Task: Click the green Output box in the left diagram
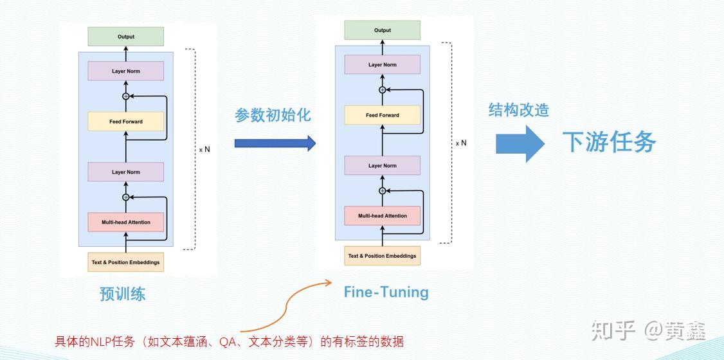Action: pyautogui.click(x=126, y=37)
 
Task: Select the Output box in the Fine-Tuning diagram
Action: pyautogui.click(x=383, y=30)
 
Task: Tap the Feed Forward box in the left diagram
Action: pyautogui.click(x=126, y=122)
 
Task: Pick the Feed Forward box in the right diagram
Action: pyautogui.click(x=383, y=115)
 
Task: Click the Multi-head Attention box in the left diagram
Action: pyautogui.click(x=126, y=222)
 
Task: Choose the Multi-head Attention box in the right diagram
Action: pyautogui.click(x=383, y=216)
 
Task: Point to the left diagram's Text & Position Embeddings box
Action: pyautogui.click(x=126, y=262)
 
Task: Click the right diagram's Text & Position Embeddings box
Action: pyautogui.click(x=383, y=256)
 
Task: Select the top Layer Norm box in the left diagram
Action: pyautogui.click(x=126, y=71)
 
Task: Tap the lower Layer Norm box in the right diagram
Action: pyautogui.click(x=383, y=166)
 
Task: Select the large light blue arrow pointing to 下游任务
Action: pyautogui.click(x=520, y=143)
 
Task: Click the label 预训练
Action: pyautogui.click(x=123, y=294)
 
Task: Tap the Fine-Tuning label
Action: pyautogui.click(x=386, y=292)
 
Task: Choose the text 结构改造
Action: pyautogui.click(x=518, y=110)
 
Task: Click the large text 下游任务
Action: pyautogui.click(x=609, y=142)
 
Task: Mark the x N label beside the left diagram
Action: pyautogui.click(x=204, y=149)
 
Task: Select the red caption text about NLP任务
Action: pyautogui.click(x=229, y=341)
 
